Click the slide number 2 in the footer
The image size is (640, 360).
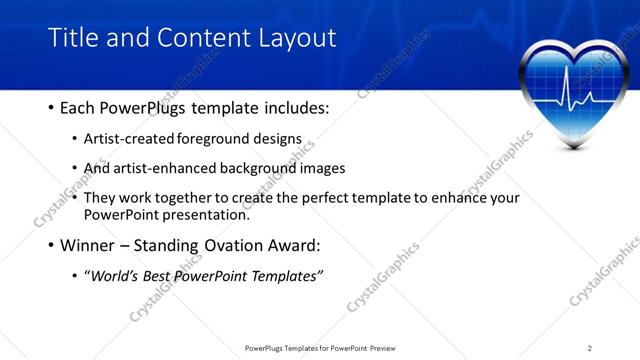coord(589,348)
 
